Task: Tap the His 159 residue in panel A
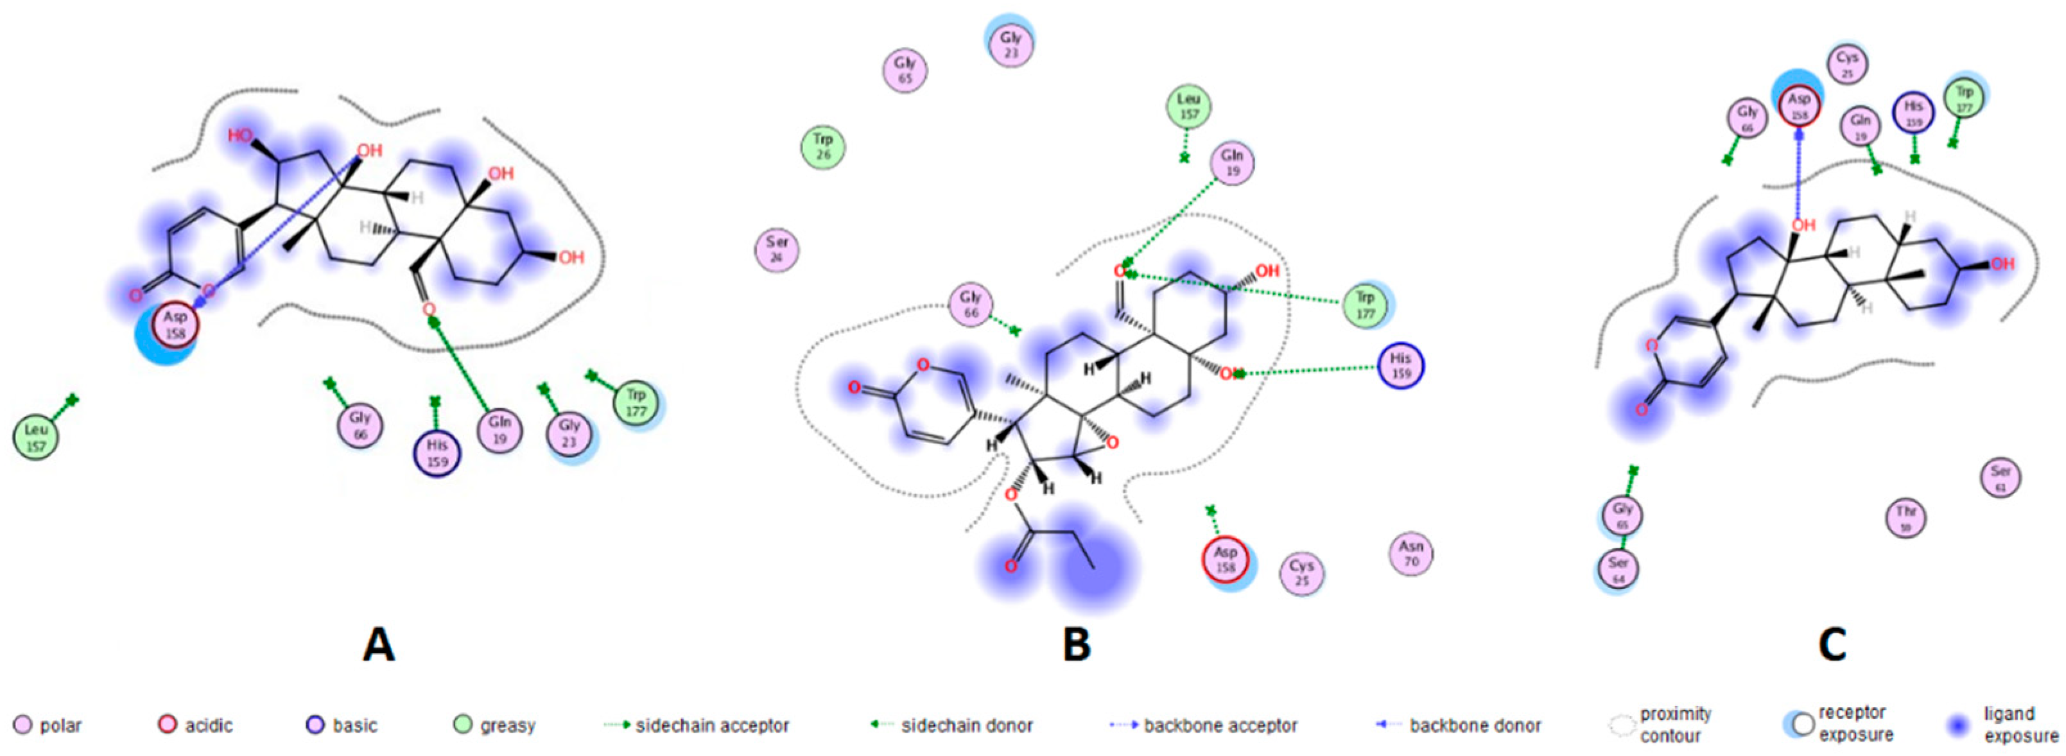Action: point(437,453)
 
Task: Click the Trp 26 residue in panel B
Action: point(823,148)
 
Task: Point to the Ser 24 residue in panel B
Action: point(776,250)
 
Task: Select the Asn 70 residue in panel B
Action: point(1411,553)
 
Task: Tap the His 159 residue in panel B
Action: point(1400,366)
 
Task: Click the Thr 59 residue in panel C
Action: point(1905,517)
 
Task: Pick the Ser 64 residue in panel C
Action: point(1618,569)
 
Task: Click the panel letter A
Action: point(379,644)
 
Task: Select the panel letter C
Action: point(1834,644)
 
